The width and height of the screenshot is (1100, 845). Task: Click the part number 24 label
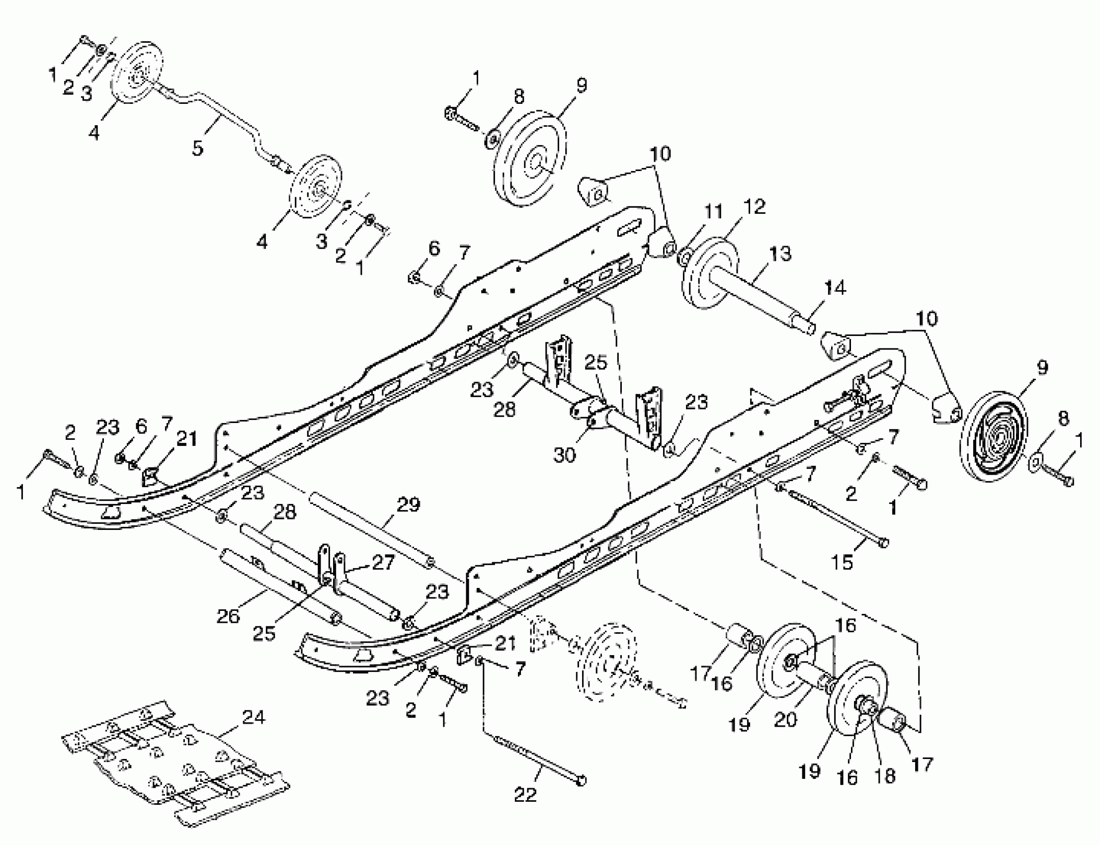pos(253,717)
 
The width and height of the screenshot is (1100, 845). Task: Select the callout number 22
pos(525,794)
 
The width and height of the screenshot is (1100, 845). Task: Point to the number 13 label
pos(779,254)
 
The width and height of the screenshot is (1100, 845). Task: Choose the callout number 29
pos(409,505)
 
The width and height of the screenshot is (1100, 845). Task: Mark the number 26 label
pos(228,616)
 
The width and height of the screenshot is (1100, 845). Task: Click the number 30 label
pos(564,455)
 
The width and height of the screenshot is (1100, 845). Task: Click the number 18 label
pos(885,775)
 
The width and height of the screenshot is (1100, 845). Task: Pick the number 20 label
pos(785,720)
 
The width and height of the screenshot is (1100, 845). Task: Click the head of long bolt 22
pos(581,780)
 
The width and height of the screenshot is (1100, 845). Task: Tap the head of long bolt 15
pos(883,543)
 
